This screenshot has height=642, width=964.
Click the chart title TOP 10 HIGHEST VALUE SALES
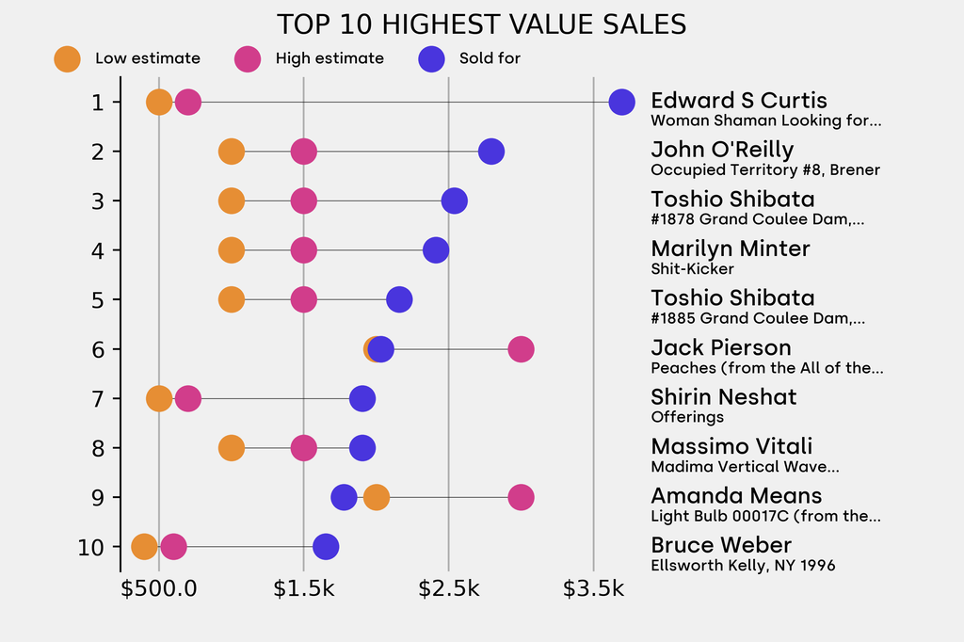(481, 24)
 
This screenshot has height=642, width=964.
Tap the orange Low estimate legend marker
(67, 58)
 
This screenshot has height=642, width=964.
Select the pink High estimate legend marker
(248, 58)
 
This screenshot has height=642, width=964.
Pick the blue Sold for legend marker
(430, 58)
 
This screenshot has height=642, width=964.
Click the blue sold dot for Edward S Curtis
(621, 102)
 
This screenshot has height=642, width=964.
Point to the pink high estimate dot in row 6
(521, 349)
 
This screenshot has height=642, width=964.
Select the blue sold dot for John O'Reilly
(490, 151)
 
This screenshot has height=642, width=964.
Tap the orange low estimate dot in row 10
(144, 546)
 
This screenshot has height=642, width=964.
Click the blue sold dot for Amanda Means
(345, 497)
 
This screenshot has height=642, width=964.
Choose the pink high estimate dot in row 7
(188, 398)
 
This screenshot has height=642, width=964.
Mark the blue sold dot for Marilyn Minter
(436, 250)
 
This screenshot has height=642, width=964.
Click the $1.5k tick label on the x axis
(303, 589)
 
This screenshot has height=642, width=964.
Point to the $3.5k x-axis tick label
(593, 589)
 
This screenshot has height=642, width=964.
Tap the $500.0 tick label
(159, 589)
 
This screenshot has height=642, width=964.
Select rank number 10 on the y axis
(91, 547)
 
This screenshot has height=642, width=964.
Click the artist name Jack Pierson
(721, 347)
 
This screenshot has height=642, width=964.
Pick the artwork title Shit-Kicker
(692, 269)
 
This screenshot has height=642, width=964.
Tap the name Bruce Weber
(721, 545)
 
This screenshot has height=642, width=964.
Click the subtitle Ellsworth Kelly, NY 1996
(743, 566)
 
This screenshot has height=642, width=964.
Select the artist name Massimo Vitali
(731, 446)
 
